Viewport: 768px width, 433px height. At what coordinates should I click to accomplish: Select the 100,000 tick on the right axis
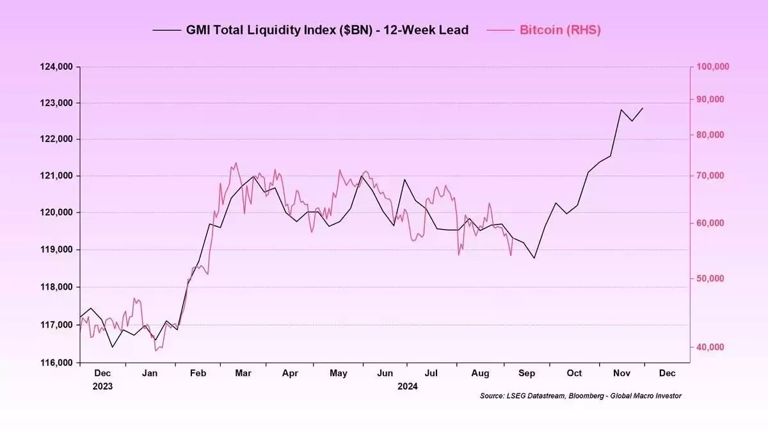712,67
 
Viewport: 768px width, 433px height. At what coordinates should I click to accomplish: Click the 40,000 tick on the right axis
709,347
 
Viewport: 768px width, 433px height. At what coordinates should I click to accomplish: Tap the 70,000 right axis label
709,176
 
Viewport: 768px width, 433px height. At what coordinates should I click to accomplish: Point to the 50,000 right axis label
709,278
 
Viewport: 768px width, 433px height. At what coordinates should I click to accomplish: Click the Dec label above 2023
102,373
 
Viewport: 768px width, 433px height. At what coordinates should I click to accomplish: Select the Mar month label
243,373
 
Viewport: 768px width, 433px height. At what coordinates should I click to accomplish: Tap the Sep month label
527,373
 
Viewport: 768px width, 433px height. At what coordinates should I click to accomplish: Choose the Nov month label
621,373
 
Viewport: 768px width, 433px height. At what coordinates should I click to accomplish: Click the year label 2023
102,386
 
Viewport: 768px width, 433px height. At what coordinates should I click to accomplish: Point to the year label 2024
407,386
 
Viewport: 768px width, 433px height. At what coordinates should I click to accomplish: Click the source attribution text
580,396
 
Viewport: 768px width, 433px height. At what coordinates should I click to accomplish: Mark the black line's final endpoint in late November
643,108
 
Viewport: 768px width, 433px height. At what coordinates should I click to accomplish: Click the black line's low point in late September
534,258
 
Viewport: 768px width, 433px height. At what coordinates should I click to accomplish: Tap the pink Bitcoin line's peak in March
236,162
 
